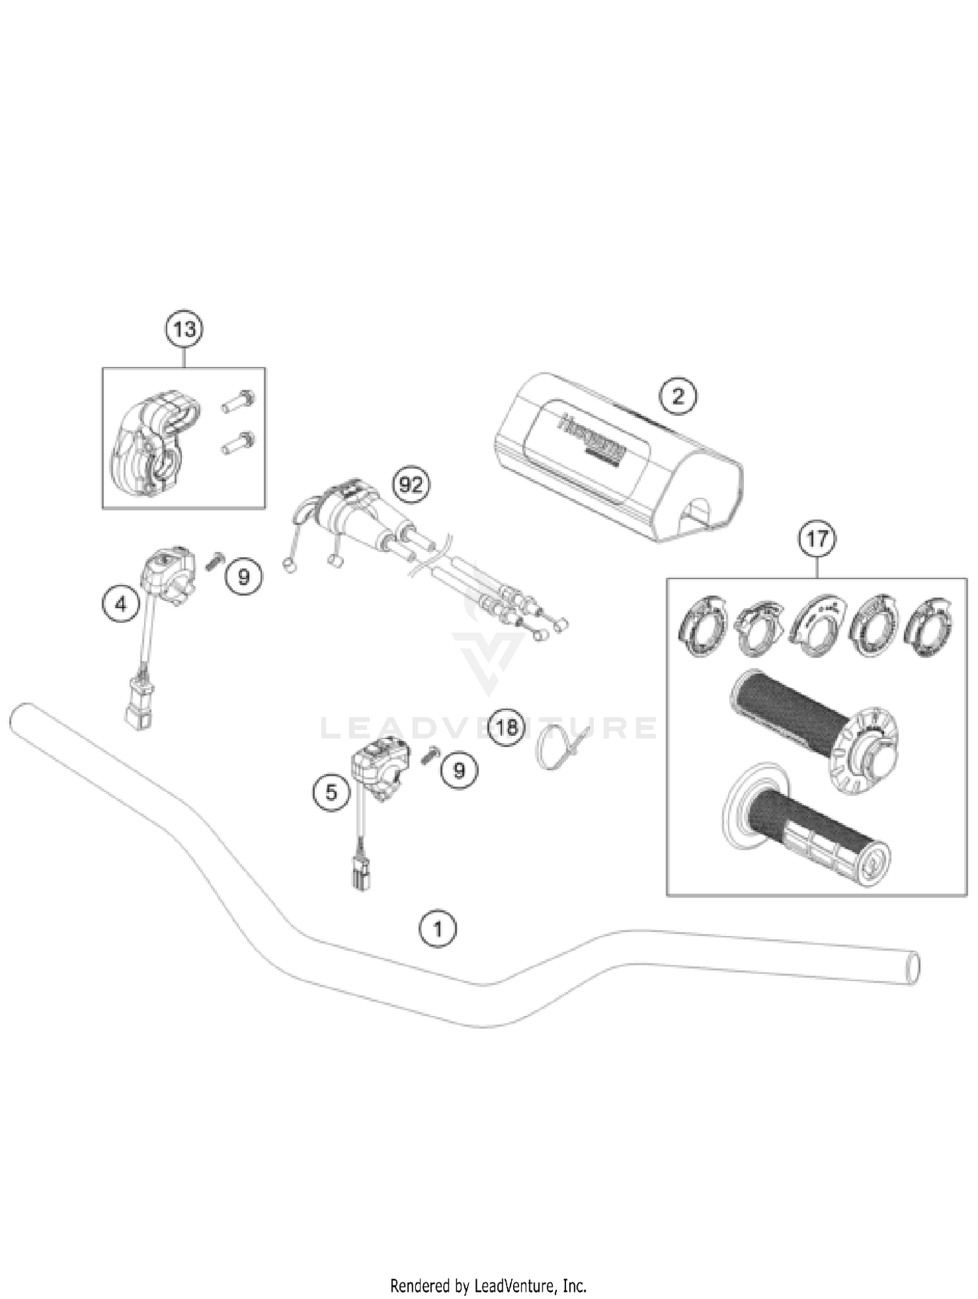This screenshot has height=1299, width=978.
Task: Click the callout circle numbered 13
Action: coord(185,329)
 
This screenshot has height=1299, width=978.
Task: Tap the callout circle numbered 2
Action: coord(678,396)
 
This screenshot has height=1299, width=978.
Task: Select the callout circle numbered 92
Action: coord(411,485)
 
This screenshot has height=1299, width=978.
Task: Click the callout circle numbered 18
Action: coord(507,727)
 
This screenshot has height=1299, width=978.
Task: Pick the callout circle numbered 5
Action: coord(332,793)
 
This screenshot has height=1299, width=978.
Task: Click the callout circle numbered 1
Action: coord(437,928)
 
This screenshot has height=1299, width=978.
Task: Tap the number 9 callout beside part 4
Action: coord(244,576)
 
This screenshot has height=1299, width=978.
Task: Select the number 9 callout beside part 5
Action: coord(460,770)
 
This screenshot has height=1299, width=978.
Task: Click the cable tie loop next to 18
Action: coord(552,746)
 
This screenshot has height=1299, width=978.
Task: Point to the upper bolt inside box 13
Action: coord(238,400)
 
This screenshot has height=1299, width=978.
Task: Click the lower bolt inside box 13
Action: coord(237,443)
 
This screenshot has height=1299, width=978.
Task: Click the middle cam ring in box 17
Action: coord(816,626)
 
